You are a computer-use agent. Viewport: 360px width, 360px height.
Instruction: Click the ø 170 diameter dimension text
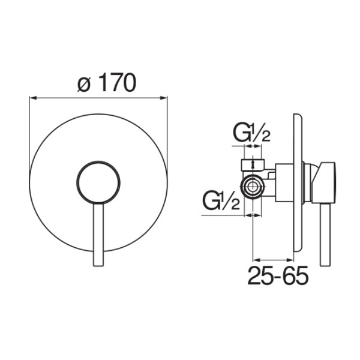107,83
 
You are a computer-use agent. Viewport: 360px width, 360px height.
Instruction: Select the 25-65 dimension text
278,275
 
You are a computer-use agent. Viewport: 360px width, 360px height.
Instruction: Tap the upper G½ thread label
252,134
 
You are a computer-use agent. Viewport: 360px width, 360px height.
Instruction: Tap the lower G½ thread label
221,202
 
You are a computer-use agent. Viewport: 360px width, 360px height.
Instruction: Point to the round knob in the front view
98,182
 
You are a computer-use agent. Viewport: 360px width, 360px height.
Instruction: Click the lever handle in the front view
98,235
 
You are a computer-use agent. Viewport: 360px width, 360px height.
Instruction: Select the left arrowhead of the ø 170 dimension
33,98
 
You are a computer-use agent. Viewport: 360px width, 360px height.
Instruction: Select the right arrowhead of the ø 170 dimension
164,98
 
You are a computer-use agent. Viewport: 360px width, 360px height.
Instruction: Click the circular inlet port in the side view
253,187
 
